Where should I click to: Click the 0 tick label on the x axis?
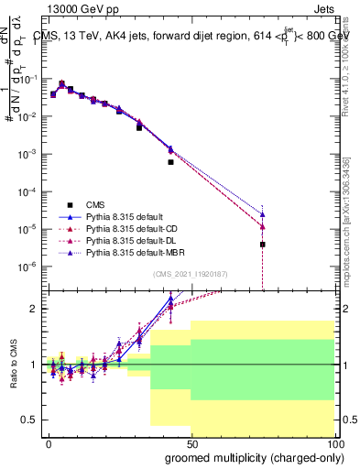pyautogui.click(x=49, y=442)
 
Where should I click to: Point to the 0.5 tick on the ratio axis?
pyautogui.click(x=30, y=420)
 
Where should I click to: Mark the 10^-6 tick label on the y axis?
pyautogui.click(x=27, y=267)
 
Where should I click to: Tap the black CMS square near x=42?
pyautogui.click(x=170, y=162)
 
